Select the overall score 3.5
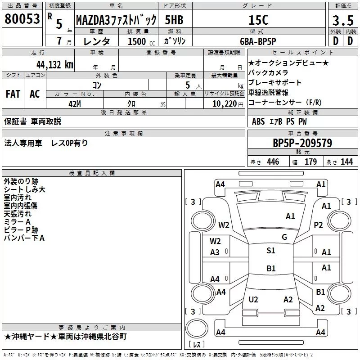pyautogui.click(x=342, y=20)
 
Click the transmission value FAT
pyautogui.click(x=13, y=94)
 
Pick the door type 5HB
pyautogui.click(x=174, y=20)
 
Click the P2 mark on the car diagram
pyautogui.click(x=319, y=225)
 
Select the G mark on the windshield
pyautogui.click(x=284, y=237)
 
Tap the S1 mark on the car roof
pyautogui.click(x=271, y=251)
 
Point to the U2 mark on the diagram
pyautogui.click(x=253, y=300)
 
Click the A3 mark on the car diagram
pyautogui.click(x=215, y=252)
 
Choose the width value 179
pyautogui.click(x=310, y=162)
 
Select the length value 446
pyautogui.click(x=273, y=162)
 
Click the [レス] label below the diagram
pyautogui.click(x=197, y=345)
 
